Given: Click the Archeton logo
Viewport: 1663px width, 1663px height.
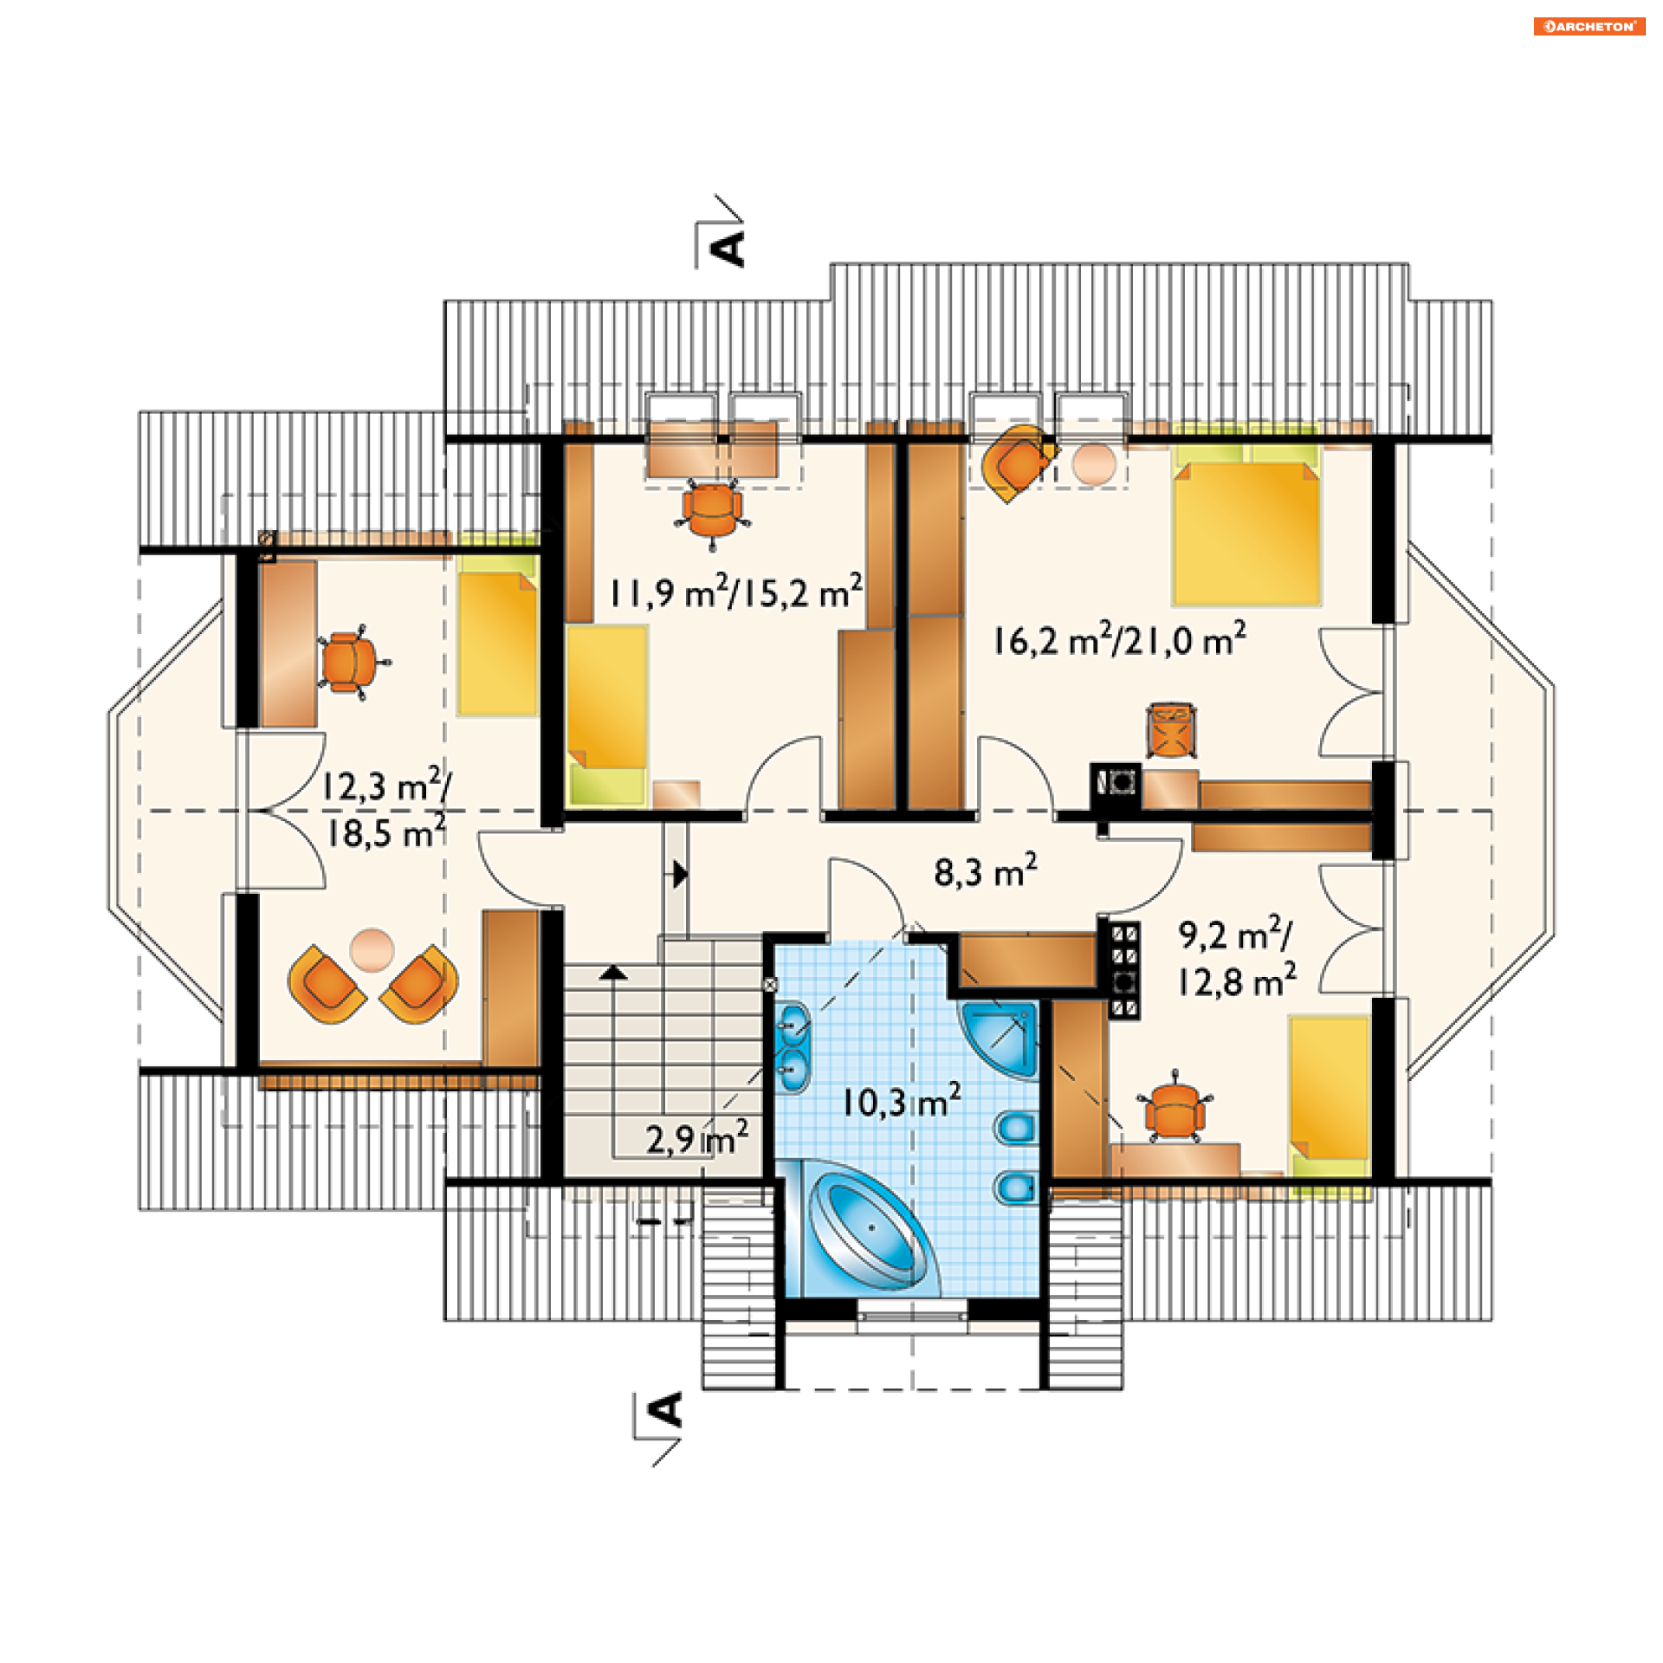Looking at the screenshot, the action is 1589,26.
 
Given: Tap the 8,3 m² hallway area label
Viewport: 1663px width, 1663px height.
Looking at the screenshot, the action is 985,870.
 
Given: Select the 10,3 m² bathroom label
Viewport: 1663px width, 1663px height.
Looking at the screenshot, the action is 901,1100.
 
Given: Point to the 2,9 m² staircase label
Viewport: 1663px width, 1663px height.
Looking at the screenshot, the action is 696,1137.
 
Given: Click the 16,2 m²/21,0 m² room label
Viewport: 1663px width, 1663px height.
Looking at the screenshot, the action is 1119,639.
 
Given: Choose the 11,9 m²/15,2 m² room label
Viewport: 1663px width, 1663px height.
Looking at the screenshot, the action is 735,592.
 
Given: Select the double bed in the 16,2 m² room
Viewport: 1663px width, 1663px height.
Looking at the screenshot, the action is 1246,525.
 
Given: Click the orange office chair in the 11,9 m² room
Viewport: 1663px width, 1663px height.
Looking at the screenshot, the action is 712,513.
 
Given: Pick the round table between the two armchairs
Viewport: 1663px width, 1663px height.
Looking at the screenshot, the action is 372,950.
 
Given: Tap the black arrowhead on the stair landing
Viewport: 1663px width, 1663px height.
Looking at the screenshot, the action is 681,874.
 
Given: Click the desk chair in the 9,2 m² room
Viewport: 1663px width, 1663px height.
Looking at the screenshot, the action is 1174,1111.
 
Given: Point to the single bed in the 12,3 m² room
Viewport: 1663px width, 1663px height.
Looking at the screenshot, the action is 497,634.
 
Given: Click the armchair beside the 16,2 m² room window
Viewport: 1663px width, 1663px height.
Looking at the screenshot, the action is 1019,463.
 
